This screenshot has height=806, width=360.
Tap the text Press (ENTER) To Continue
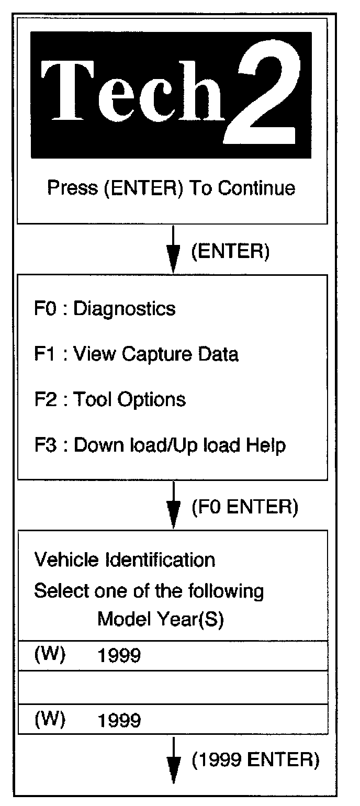[172, 188]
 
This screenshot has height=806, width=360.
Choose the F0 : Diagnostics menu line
[105, 309]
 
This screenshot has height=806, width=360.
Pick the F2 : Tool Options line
[110, 400]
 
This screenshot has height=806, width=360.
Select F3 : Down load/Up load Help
[160, 445]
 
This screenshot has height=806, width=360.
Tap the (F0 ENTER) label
[245, 507]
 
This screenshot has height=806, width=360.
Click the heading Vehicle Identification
[125, 560]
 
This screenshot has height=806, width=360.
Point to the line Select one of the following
[149, 591]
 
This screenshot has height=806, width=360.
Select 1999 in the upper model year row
[119, 656]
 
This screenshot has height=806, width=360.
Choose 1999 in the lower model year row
[119, 721]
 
